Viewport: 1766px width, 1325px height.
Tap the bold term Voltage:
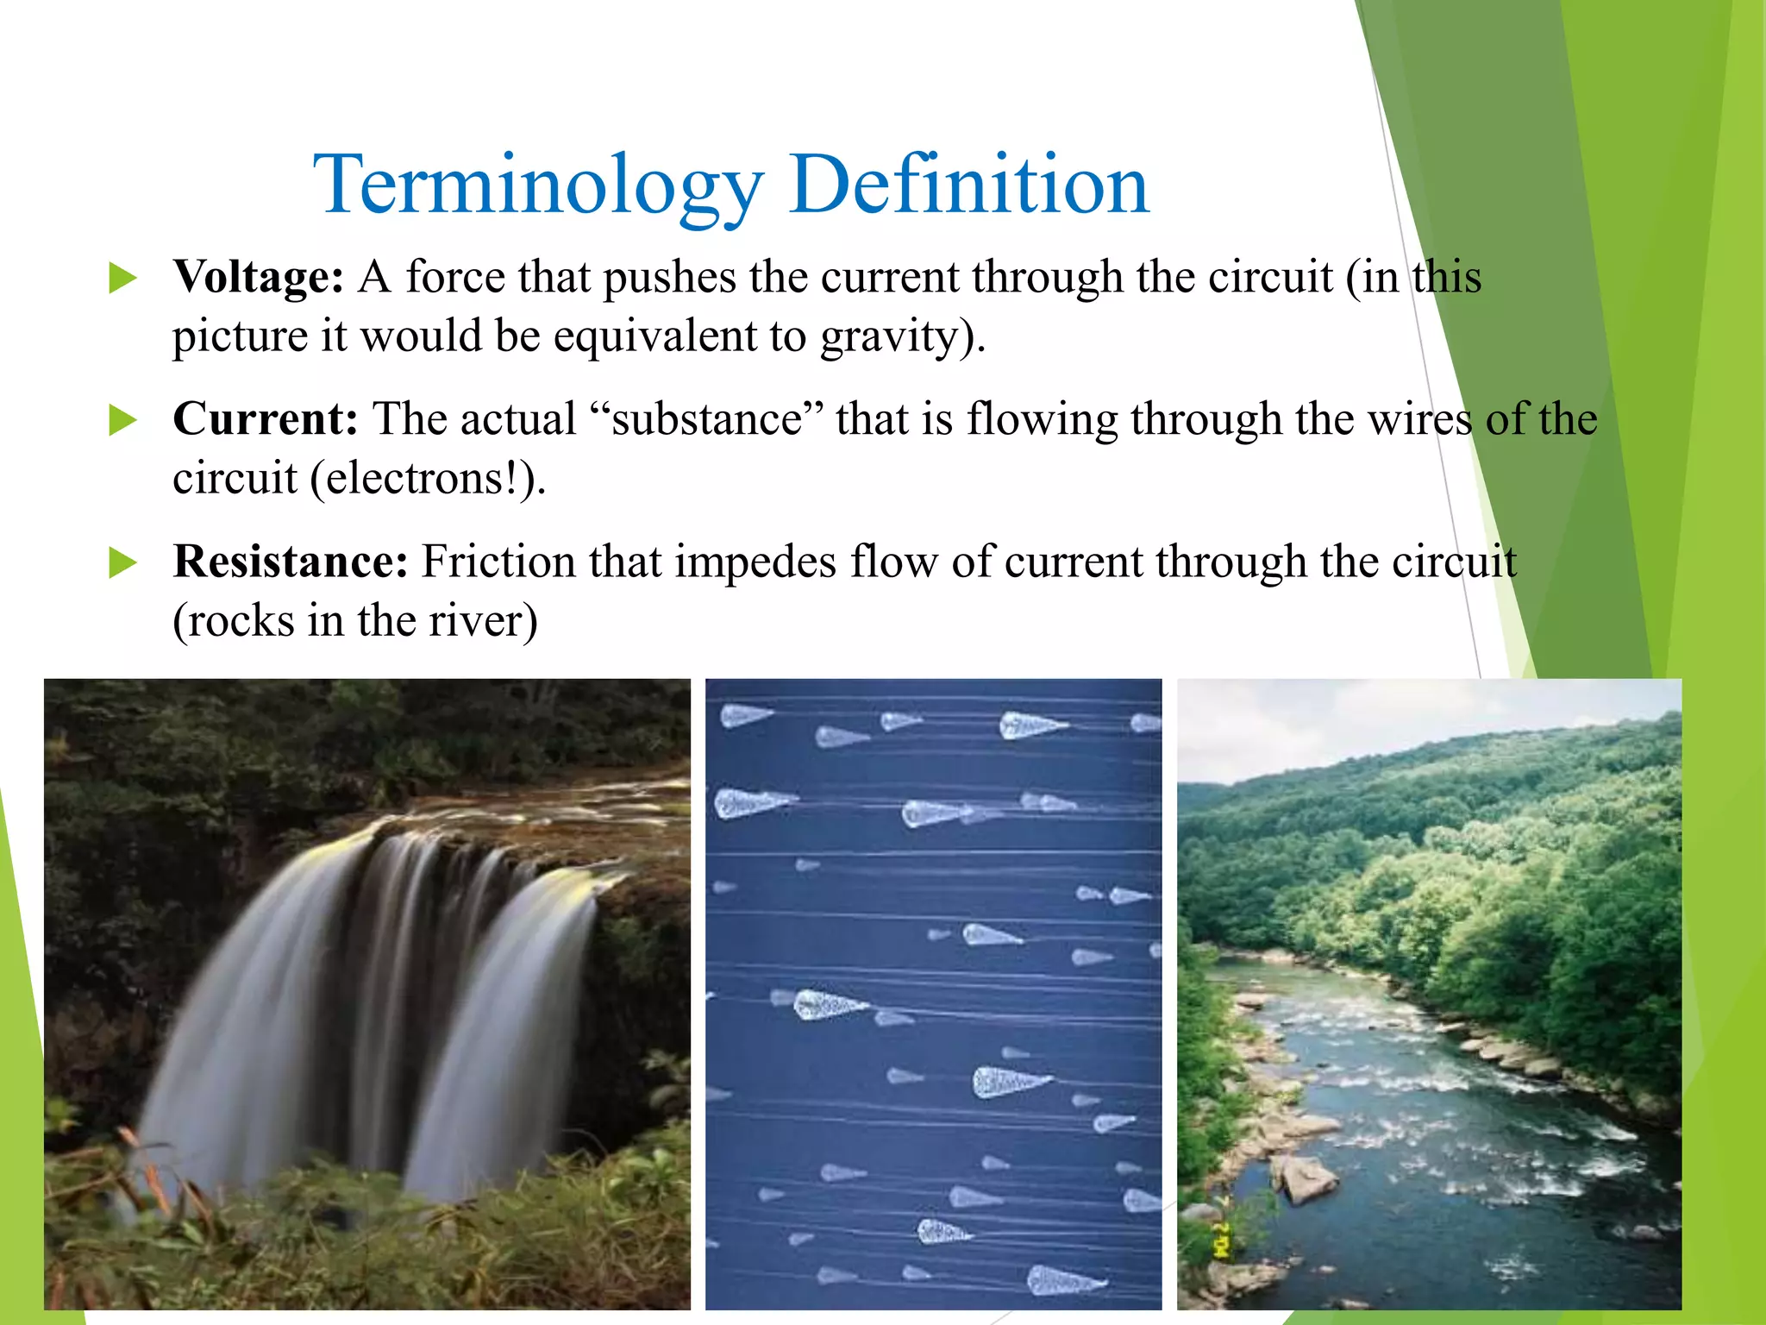pos(258,278)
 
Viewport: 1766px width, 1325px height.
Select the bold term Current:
pos(265,420)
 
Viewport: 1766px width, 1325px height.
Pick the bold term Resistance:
pos(290,562)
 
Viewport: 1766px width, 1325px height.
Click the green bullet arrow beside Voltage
pos(123,279)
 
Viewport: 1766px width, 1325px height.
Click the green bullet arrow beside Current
pos(123,421)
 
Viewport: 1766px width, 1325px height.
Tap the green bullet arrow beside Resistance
pos(123,563)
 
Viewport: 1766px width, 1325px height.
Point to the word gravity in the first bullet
pos(888,336)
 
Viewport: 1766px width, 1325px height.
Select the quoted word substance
pos(707,420)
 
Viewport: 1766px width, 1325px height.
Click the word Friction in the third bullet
pos(498,562)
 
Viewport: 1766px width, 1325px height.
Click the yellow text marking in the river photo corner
pos(1221,1239)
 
